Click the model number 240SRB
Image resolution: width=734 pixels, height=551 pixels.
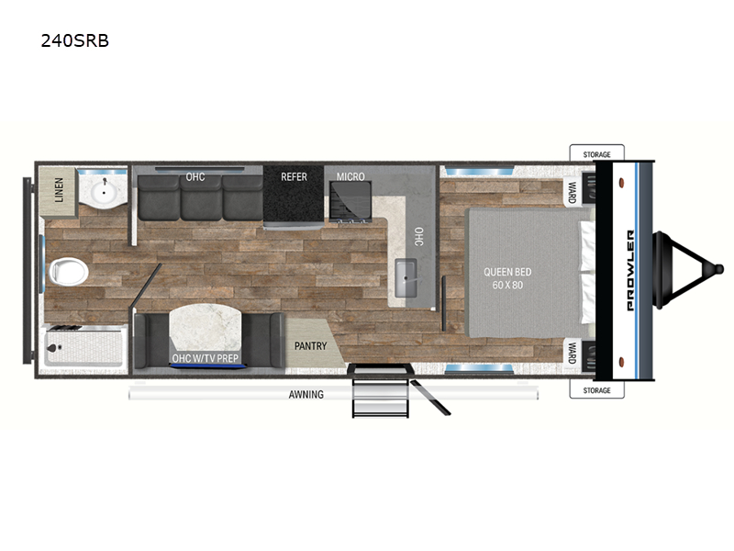click(x=75, y=40)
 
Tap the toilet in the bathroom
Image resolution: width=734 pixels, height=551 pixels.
click(x=68, y=271)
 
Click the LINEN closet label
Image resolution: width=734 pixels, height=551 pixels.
click(x=59, y=190)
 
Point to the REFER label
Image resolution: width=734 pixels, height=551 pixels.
click(x=294, y=176)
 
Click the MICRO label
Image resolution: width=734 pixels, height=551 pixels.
click(x=350, y=176)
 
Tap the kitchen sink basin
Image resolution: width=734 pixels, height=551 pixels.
click(x=406, y=278)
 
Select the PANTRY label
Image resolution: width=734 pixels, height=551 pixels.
click(x=310, y=346)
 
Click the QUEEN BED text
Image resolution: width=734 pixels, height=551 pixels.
click(x=507, y=272)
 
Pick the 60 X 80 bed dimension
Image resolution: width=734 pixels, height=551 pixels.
click(x=507, y=285)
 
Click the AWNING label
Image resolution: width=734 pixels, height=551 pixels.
click(x=306, y=395)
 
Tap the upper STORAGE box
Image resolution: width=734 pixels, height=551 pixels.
click(x=597, y=153)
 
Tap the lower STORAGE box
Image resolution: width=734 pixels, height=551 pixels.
click(x=597, y=389)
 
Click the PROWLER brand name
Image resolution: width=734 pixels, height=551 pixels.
click(x=630, y=270)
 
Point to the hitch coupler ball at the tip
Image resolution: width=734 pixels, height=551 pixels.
click(x=717, y=269)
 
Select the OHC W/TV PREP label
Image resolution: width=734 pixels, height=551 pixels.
click(x=205, y=358)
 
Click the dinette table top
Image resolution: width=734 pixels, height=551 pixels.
click(x=206, y=329)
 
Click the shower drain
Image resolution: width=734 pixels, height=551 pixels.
click(x=52, y=348)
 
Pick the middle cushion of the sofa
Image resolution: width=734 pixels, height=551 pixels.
click(x=201, y=197)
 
